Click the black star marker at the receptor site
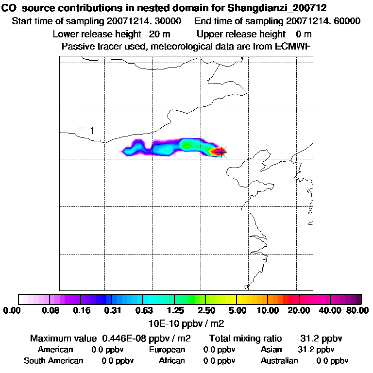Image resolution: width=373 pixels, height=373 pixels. pos(221,152)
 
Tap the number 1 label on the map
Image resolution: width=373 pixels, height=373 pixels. pos(92,131)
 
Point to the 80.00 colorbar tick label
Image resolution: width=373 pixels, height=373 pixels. pos(356,310)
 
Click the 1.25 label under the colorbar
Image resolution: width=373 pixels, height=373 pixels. pos(175,310)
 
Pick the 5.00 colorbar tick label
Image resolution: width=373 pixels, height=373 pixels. pos(237,310)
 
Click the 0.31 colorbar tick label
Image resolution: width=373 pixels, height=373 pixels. pos(113,310)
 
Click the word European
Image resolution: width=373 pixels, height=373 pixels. pos(167,350)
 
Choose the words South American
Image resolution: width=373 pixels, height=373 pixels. pos(53,361)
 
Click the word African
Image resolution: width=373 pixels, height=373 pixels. pos(172,361)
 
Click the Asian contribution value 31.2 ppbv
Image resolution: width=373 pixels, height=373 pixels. pos(316,350)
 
